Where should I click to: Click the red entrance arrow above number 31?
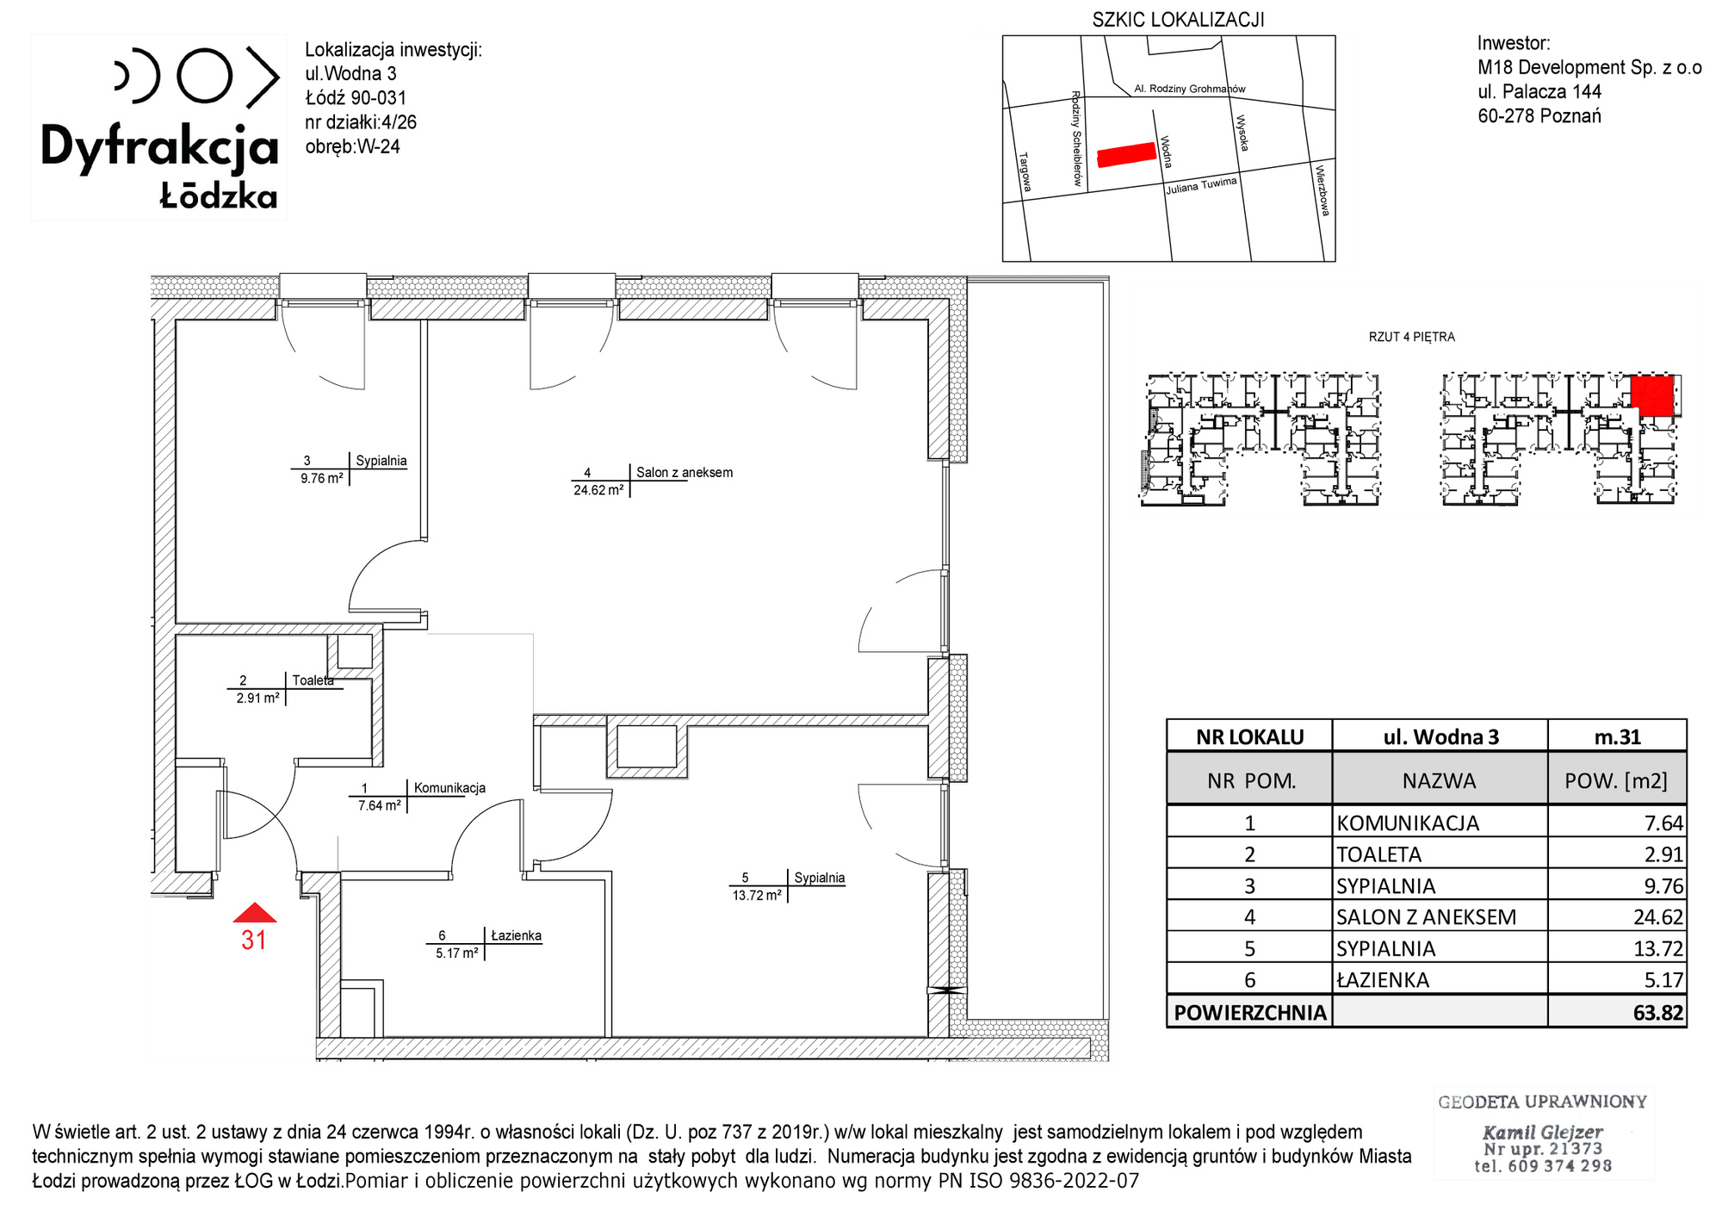255,913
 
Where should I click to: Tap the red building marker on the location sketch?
1126,154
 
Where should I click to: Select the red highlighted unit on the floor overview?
1652,395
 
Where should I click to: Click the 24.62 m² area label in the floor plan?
598,490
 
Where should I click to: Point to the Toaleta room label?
313,680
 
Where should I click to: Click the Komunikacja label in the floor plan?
449,788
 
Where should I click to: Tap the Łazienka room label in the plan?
516,935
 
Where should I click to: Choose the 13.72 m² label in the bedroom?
757,895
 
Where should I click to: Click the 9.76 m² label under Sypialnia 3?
321,478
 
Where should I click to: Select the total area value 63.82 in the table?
1657,1013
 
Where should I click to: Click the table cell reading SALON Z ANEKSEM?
1426,917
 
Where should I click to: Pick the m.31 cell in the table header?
1618,737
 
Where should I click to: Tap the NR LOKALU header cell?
1250,737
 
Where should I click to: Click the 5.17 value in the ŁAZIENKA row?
1663,980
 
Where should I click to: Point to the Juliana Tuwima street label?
1201,185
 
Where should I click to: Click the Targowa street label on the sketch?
1025,172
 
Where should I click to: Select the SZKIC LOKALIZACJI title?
1178,20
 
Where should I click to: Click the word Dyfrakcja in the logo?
160,147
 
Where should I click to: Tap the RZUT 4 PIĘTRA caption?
1411,337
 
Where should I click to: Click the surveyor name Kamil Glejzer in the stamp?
1542,1132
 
